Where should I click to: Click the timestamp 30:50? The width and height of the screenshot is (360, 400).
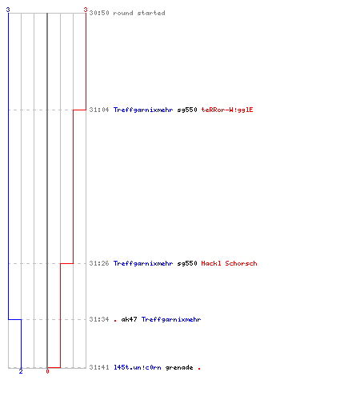click(x=99, y=13)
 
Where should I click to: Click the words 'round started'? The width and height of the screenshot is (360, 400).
click(x=139, y=13)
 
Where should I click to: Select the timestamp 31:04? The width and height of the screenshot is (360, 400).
click(x=99, y=110)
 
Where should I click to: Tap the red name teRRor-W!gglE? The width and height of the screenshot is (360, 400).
click(x=227, y=110)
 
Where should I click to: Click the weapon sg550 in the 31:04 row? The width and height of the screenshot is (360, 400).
click(x=187, y=110)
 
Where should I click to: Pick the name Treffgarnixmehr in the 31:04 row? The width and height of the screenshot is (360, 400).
click(x=143, y=110)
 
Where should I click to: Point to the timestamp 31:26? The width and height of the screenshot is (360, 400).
click(x=99, y=263)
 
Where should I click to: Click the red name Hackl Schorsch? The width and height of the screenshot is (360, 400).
click(x=229, y=263)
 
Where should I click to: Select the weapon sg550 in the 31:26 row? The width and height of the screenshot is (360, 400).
click(x=187, y=263)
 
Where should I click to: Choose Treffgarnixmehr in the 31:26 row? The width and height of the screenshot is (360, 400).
click(x=143, y=263)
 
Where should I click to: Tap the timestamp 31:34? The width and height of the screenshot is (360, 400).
click(x=99, y=319)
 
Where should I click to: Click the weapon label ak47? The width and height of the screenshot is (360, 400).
click(x=129, y=319)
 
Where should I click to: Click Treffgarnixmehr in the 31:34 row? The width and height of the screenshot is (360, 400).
click(x=171, y=319)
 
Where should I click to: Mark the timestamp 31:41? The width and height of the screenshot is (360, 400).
click(x=99, y=367)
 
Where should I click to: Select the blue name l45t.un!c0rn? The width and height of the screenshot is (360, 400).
click(x=138, y=367)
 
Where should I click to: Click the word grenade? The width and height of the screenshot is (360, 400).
click(x=179, y=367)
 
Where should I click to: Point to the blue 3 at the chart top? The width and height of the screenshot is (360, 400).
click(x=8, y=10)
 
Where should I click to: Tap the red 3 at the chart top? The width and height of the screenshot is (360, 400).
click(x=86, y=10)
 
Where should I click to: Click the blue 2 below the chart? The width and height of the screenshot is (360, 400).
click(x=21, y=371)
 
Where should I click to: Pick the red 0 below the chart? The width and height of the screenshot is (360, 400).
click(x=47, y=371)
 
